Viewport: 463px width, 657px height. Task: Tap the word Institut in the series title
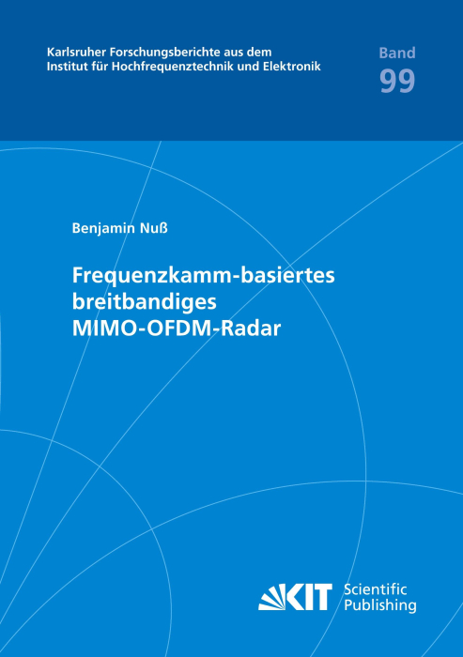pos(64,67)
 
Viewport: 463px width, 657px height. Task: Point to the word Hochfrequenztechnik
pos(173,67)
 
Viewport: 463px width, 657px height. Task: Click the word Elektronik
pos(292,67)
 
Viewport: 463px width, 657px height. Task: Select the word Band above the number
pos(397,53)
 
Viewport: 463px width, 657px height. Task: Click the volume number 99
pos(397,81)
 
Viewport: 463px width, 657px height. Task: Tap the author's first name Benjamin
pos(103,228)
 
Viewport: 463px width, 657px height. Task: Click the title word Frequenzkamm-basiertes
pos(204,276)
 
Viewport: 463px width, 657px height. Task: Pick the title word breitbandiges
pos(145,302)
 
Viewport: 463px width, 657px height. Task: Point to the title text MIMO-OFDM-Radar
pos(177,328)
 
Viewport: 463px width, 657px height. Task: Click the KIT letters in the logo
pos(309,597)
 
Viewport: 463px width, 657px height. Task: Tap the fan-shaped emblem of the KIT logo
pos(271,598)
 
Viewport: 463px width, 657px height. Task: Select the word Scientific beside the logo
pos(376,589)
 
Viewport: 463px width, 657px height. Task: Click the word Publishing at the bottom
pos(380,605)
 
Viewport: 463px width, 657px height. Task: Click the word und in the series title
pos(248,67)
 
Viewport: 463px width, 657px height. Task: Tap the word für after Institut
pos(96,67)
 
